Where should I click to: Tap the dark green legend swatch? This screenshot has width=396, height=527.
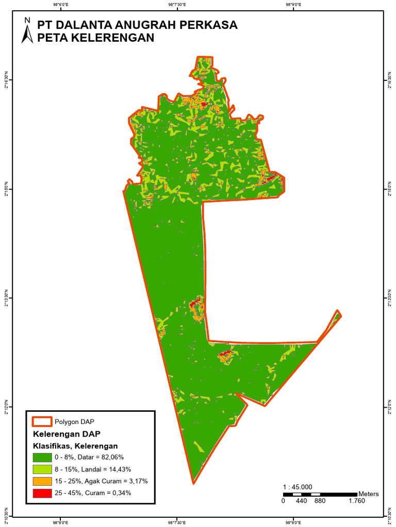(42, 457)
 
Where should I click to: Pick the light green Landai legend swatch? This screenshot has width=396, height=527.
(42, 469)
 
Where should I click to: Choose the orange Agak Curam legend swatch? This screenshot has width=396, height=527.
(42, 481)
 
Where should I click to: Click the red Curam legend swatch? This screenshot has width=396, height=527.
(42, 493)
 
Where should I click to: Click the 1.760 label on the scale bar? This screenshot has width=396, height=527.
(357, 501)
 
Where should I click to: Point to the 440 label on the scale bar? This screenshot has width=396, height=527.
(301, 501)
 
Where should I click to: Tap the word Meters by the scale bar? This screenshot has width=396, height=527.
(368, 494)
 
